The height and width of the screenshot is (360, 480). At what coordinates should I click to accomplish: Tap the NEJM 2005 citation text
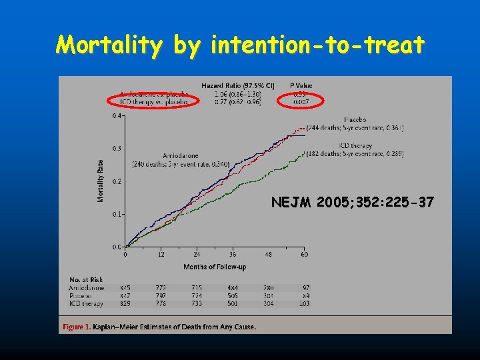353,202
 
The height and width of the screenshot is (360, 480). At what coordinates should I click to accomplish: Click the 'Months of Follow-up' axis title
215,267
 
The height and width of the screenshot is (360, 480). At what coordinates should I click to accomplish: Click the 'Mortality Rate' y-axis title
101,181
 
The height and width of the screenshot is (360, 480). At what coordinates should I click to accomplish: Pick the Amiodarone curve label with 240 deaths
179,160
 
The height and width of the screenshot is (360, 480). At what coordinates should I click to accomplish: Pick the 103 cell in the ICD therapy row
305,304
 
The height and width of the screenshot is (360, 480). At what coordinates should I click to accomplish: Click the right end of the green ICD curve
305,153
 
